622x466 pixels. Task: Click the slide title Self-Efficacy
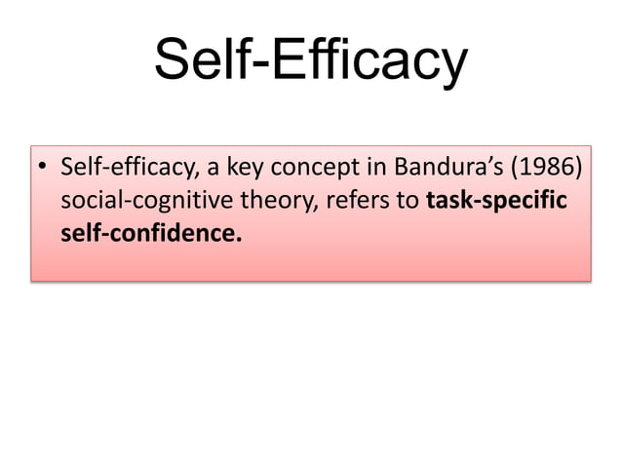[310, 61]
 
